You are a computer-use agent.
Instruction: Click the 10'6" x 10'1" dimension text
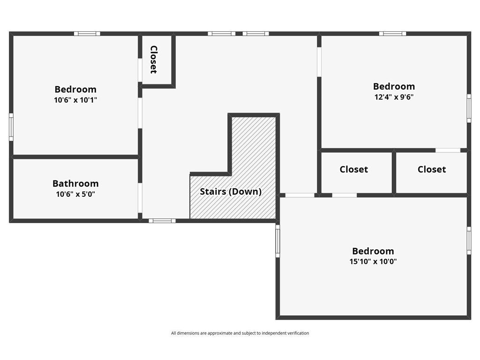point(75,100)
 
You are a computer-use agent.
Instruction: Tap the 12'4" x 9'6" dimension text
point(393,97)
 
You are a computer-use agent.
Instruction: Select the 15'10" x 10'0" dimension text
point(373,262)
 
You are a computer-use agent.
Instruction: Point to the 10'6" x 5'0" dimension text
point(75,194)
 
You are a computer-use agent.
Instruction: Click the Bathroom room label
point(75,183)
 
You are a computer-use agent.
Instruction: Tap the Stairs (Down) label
point(231,191)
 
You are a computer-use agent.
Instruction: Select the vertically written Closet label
point(153,60)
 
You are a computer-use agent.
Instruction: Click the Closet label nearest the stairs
point(353,169)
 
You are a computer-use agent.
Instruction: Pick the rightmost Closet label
point(432,169)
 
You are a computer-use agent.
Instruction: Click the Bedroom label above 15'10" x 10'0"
point(373,251)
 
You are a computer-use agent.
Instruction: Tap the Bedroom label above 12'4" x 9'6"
point(394,86)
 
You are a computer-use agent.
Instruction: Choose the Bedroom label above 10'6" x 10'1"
point(75,89)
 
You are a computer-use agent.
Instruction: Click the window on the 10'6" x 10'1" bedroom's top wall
point(87,33)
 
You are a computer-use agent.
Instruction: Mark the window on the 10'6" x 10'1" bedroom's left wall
point(11,127)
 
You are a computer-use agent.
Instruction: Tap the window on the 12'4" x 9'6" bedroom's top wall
point(393,33)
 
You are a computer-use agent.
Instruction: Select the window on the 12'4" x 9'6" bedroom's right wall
point(469,108)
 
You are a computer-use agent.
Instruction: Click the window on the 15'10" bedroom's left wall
point(277,240)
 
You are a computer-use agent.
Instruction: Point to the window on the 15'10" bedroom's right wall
point(469,240)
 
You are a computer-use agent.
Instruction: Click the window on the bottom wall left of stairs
point(162,220)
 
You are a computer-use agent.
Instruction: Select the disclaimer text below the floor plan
point(240,333)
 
